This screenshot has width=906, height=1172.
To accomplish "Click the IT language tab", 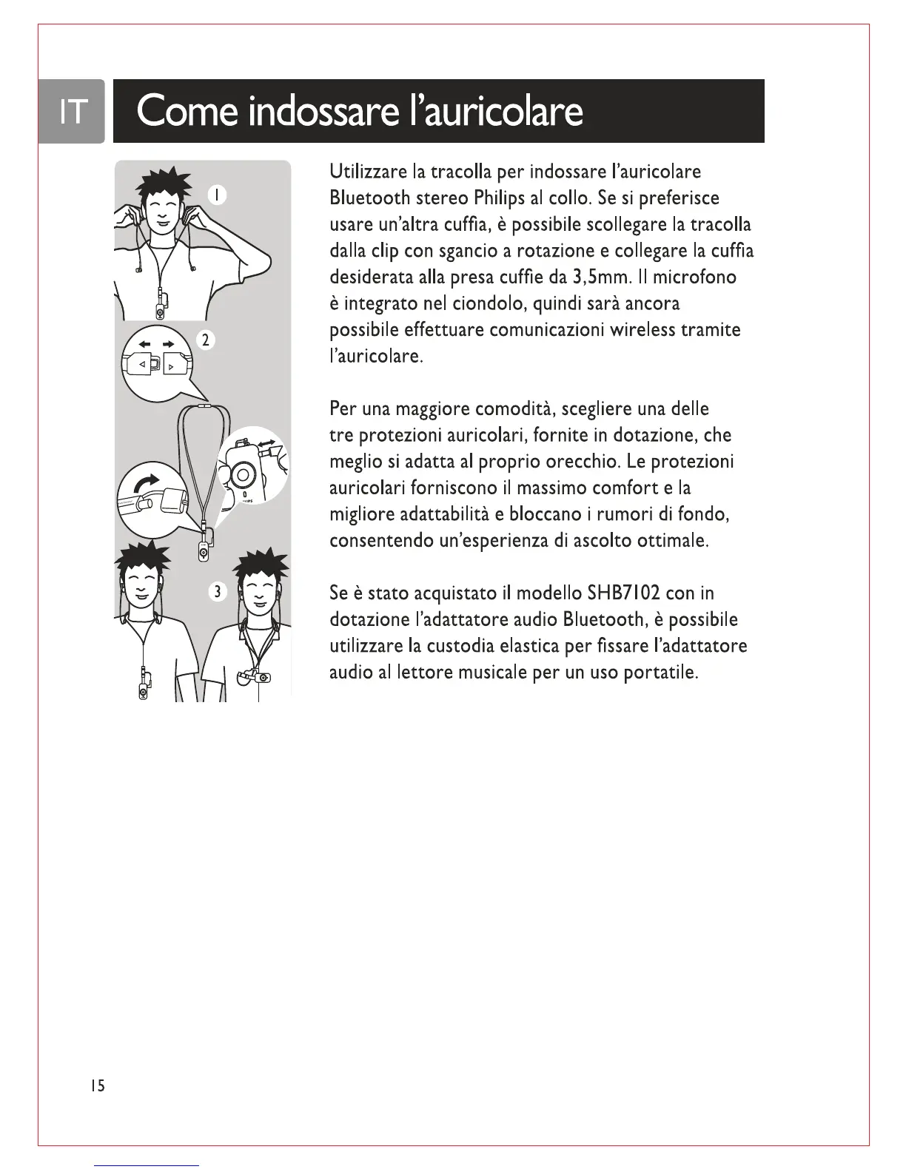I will pyautogui.click(x=72, y=111).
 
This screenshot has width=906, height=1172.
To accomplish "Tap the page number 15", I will pyautogui.click(x=96, y=1085).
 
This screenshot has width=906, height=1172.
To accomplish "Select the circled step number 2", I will pyautogui.click(x=207, y=340).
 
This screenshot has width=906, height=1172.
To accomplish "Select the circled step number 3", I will pyautogui.click(x=217, y=591).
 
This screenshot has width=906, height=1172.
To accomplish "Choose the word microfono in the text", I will pyautogui.click(x=695, y=277).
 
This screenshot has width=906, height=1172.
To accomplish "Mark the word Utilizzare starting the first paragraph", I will pyautogui.click(x=368, y=172).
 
